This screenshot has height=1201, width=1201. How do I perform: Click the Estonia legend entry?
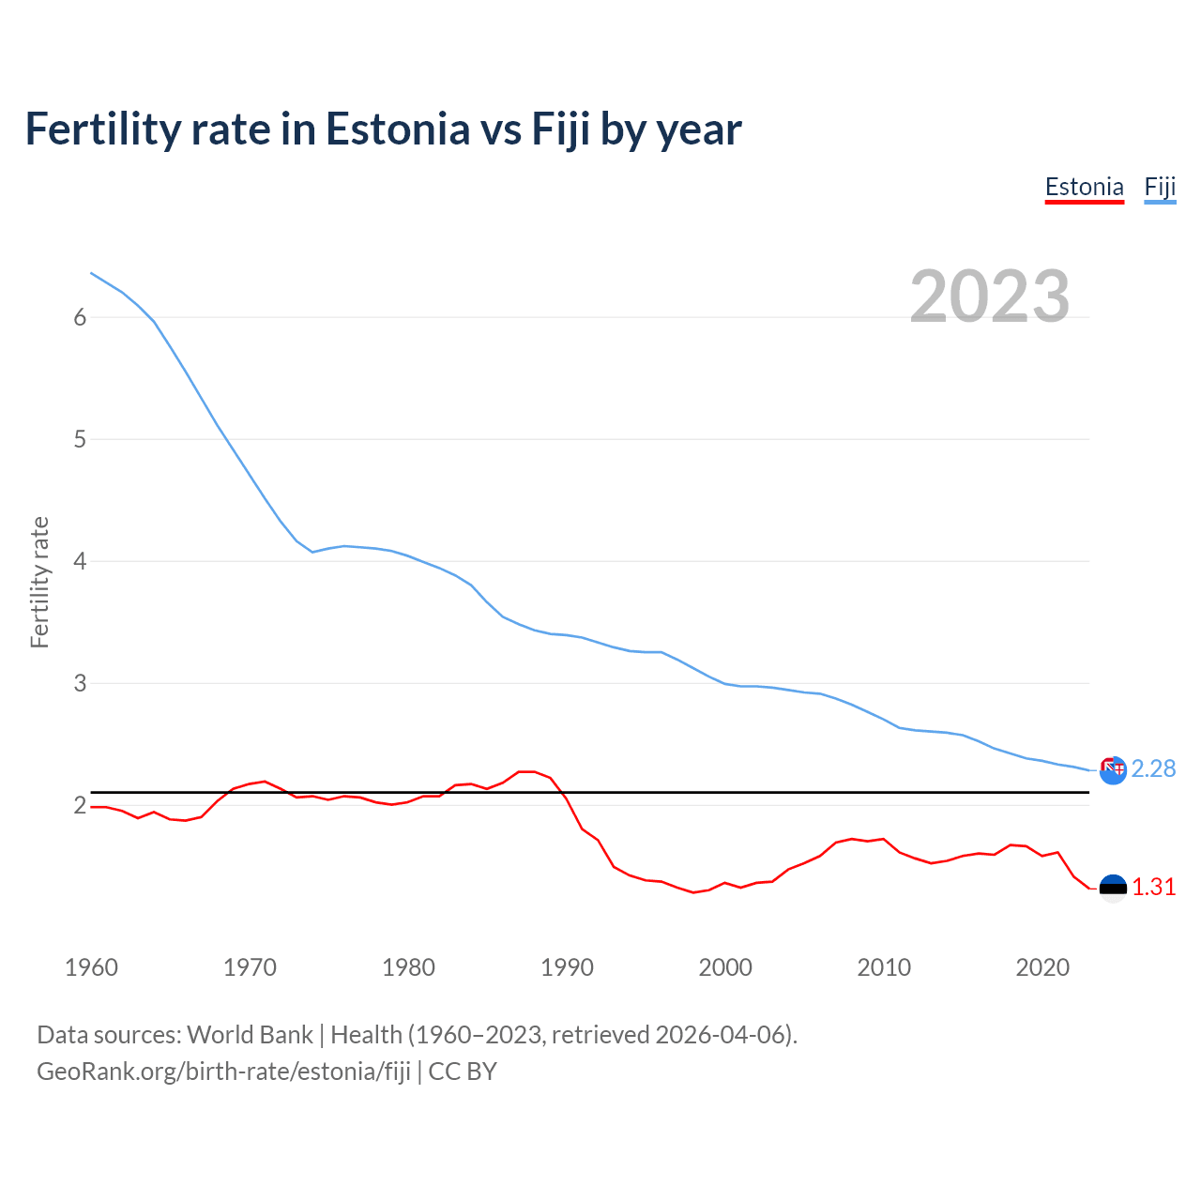tap(1084, 187)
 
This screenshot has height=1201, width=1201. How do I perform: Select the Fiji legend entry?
tap(1160, 187)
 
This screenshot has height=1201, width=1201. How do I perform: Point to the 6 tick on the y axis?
tap(80, 317)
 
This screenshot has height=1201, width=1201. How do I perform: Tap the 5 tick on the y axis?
tap(80, 439)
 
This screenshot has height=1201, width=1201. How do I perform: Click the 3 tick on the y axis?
tap(80, 683)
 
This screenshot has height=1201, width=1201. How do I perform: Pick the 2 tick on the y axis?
tap(80, 805)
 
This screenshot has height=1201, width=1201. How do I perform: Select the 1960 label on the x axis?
tap(91, 967)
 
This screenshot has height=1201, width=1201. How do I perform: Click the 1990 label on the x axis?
tap(567, 967)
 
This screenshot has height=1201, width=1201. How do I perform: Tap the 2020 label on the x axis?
tap(1042, 967)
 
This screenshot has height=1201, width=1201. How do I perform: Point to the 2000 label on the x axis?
tap(725, 967)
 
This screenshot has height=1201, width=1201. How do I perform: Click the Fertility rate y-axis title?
tap(39, 582)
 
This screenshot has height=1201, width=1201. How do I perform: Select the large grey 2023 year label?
tap(990, 296)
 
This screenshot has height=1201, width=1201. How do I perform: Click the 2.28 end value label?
tap(1153, 768)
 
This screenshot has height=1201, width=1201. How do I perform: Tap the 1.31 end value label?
tap(1153, 887)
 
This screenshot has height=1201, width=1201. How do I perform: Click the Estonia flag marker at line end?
tap(1113, 888)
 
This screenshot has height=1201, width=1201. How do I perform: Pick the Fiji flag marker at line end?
tap(1113, 770)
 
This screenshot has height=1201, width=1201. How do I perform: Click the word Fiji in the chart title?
tap(561, 129)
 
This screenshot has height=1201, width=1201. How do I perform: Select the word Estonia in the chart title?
tap(398, 129)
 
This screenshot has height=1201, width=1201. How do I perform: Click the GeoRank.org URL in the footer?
tap(223, 1072)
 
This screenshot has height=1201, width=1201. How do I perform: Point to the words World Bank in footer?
tap(250, 1035)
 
